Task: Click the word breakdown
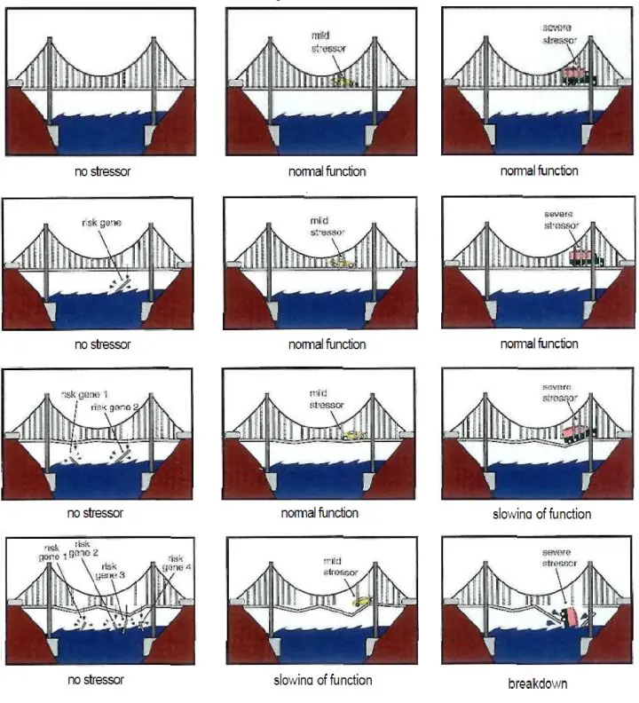537,683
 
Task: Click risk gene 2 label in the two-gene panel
113,406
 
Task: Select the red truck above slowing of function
576,431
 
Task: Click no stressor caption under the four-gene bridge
96,680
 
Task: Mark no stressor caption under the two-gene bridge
95,513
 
